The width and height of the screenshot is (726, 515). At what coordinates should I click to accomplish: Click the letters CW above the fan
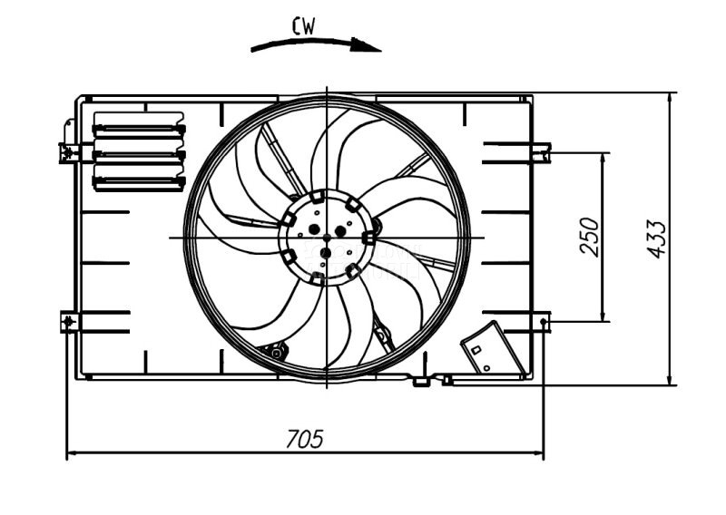click(304, 26)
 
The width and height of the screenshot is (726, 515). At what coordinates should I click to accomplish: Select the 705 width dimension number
click(304, 439)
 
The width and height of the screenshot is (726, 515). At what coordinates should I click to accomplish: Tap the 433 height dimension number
click(657, 238)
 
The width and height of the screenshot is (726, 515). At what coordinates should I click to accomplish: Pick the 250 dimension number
click(590, 237)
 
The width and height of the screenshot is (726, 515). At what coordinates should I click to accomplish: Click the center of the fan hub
click(326, 238)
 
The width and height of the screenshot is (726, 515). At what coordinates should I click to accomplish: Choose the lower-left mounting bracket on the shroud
click(69, 321)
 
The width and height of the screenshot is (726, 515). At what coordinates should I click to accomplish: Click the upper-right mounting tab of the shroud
click(542, 151)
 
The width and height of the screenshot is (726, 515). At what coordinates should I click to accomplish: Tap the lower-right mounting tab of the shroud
click(543, 321)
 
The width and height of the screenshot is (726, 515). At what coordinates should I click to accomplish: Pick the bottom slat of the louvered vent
click(139, 181)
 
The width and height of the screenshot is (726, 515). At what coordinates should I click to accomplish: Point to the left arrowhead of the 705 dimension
click(73, 452)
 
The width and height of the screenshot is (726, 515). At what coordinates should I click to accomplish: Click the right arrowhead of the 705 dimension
click(538, 452)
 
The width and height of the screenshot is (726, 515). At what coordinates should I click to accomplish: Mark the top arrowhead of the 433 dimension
click(670, 98)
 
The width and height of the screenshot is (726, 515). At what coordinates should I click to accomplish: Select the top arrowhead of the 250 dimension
click(603, 158)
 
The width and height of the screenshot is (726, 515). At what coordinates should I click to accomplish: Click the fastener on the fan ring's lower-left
click(275, 351)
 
